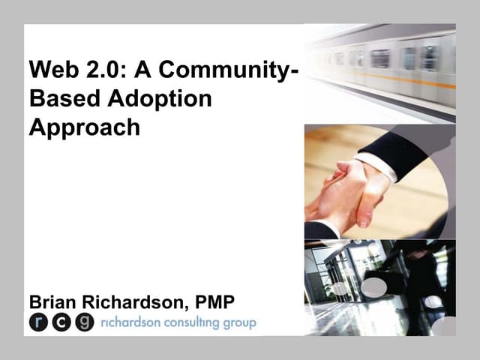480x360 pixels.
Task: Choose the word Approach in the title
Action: point(84,127)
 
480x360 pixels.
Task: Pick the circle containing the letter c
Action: point(61,323)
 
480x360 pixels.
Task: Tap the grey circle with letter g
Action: point(85,323)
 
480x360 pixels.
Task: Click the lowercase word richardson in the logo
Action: point(127,323)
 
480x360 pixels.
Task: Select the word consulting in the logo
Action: point(191,323)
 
